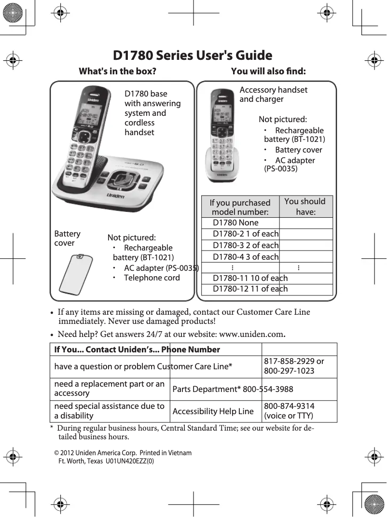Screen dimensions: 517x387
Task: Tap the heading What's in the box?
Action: pos(117,71)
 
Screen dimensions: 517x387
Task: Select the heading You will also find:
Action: pos(268,71)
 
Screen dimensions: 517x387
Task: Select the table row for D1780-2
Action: pos(246,234)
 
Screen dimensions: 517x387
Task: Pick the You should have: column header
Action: pos(305,207)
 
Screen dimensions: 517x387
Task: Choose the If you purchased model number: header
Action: pos(240,208)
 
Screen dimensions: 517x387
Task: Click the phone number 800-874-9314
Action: pos(288,406)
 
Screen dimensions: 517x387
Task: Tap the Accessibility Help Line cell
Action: pos(213,411)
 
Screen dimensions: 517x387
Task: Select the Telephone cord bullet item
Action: pos(152,278)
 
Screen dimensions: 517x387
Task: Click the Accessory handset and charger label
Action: pos(273,95)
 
